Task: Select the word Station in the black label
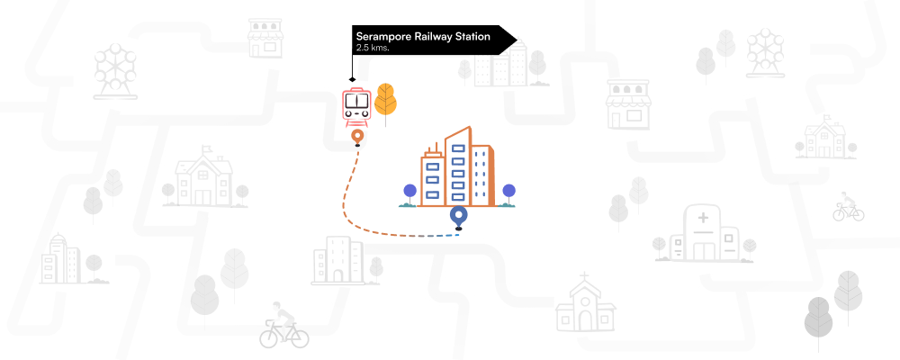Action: pos(472,37)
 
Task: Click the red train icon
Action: pos(356,105)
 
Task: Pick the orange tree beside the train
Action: pos(385,103)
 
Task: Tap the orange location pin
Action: pos(357,137)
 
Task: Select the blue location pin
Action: pos(458,217)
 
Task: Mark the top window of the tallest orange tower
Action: pos(458,148)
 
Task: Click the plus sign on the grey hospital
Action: pos(703,217)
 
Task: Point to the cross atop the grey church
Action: pos(584,277)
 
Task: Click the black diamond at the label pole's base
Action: pos(352,79)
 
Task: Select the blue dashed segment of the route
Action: pos(443,236)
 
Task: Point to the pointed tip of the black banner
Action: pos(517,40)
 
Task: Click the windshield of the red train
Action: pos(356,102)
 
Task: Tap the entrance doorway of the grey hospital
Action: pos(703,251)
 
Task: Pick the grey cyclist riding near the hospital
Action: pos(848,207)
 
